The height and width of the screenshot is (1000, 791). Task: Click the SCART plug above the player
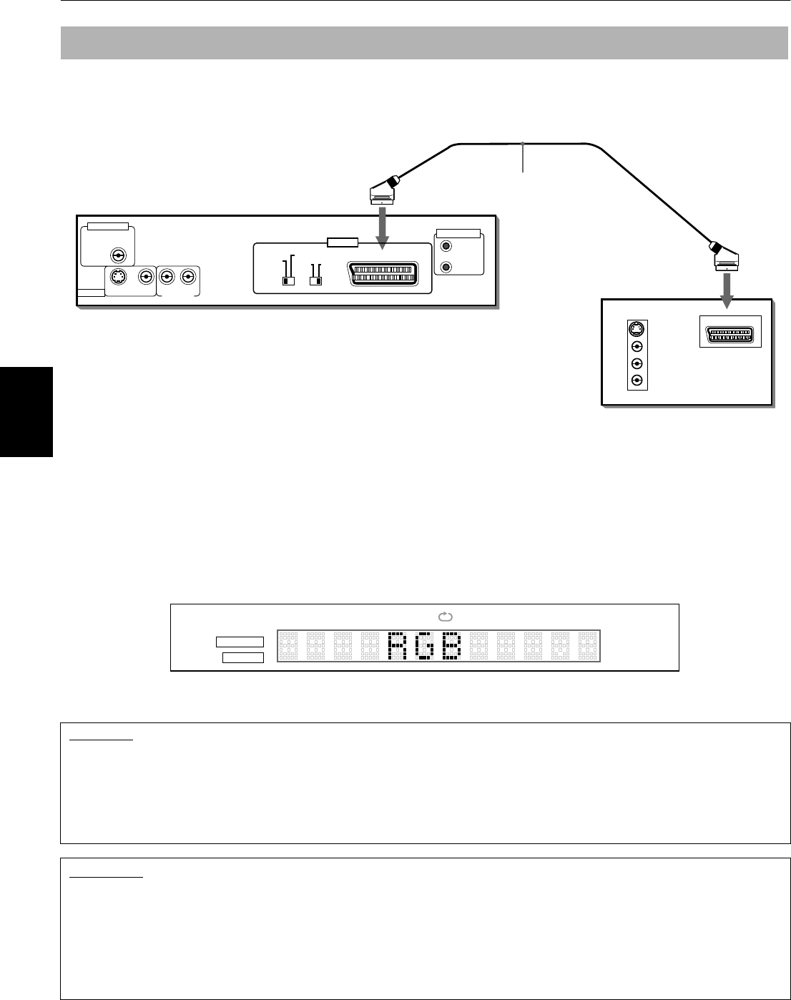click(x=383, y=190)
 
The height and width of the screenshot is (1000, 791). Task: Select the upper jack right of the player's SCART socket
click(x=447, y=247)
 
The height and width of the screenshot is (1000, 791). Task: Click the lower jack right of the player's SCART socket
click(x=447, y=267)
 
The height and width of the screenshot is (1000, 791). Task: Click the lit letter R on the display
click(x=397, y=646)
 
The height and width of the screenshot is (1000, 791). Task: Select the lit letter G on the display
click(x=424, y=646)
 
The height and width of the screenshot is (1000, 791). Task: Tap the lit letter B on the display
click(x=451, y=646)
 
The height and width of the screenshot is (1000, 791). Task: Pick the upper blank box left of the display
click(x=240, y=642)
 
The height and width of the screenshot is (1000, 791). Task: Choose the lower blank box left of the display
click(x=243, y=657)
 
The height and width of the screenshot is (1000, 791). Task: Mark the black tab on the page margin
click(x=26, y=411)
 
